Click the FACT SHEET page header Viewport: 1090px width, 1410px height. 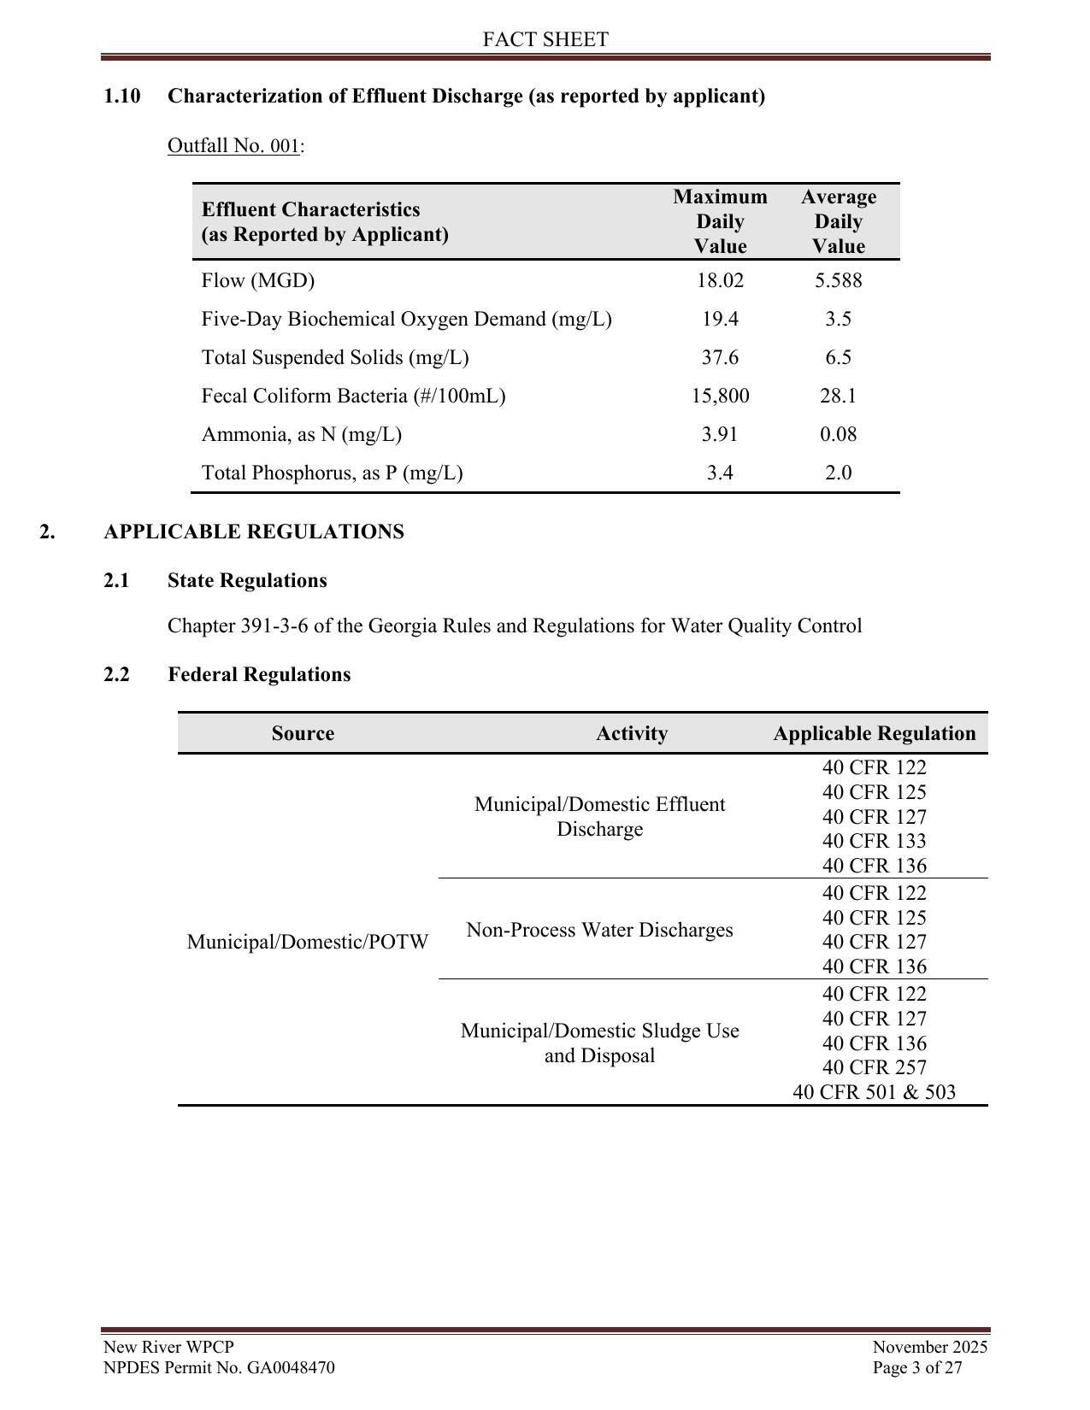(x=545, y=39)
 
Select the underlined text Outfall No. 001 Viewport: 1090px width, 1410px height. (x=233, y=145)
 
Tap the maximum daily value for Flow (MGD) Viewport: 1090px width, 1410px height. (x=720, y=280)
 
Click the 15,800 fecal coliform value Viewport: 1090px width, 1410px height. (x=720, y=396)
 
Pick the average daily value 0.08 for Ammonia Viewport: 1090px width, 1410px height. (x=838, y=434)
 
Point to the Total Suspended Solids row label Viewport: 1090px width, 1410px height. (x=335, y=357)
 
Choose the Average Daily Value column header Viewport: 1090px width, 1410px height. (x=838, y=221)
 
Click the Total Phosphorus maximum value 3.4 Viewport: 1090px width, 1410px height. (x=720, y=473)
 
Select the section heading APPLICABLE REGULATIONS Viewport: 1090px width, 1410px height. (x=254, y=532)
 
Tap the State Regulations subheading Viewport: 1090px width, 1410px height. (x=247, y=580)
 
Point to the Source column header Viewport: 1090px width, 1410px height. (x=303, y=733)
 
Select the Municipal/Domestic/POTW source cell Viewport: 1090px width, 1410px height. (x=308, y=942)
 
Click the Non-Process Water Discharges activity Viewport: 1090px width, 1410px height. (x=599, y=930)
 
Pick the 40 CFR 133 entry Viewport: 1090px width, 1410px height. (x=874, y=841)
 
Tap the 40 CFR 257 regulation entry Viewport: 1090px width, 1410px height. (x=874, y=1067)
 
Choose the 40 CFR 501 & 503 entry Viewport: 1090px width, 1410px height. (x=874, y=1092)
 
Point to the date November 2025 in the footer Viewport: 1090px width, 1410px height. (x=929, y=1348)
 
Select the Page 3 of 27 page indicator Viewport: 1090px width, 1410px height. (x=917, y=1367)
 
